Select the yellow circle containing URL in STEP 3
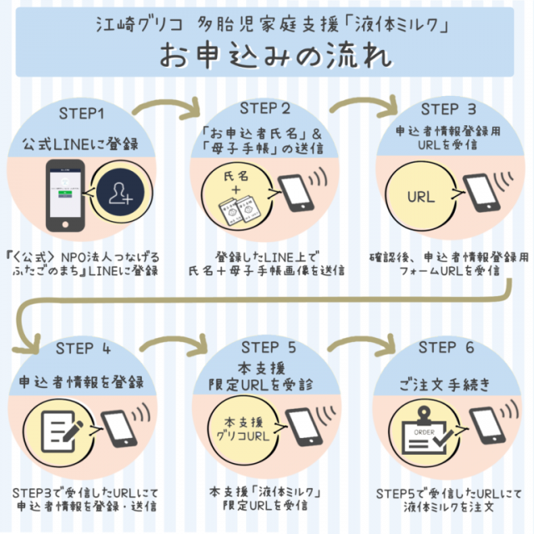point(420,198)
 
